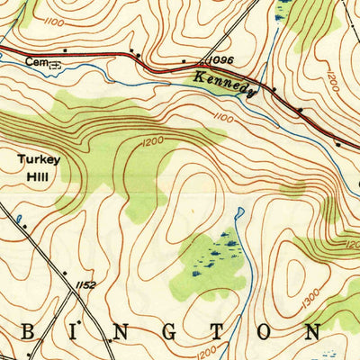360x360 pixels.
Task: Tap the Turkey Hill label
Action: (x=39, y=167)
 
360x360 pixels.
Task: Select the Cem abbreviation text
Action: (x=34, y=63)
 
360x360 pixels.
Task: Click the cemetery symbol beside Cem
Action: (x=54, y=65)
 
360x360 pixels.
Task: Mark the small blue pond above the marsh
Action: (x=238, y=215)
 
